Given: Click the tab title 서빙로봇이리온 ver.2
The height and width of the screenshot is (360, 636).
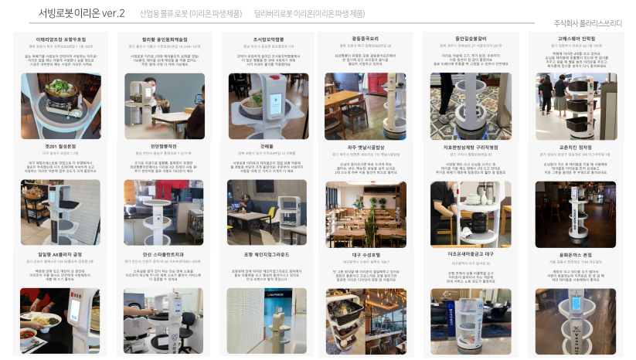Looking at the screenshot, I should click(x=81, y=13).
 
